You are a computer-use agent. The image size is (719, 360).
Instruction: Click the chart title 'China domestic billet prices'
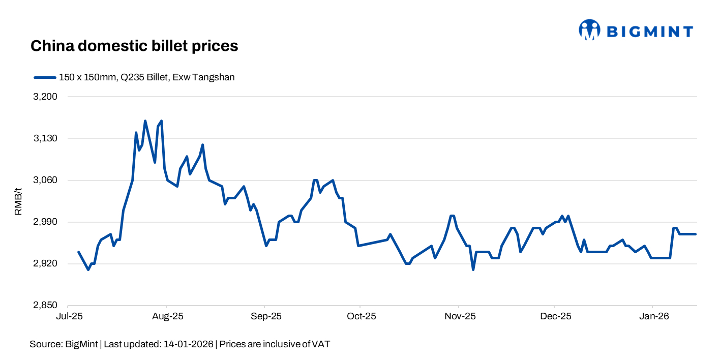click(x=134, y=46)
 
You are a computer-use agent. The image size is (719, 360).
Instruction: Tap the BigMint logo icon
click(x=589, y=30)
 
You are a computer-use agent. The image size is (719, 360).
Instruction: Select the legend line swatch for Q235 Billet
click(x=45, y=78)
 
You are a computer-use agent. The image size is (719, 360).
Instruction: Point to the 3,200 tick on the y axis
click(x=45, y=97)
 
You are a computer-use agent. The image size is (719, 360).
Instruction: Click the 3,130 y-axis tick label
click(x=45, y=138)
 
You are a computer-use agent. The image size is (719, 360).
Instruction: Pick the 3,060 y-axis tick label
click(x=45, y=180)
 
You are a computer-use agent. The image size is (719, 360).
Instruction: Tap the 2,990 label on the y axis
click(x=45, y=222)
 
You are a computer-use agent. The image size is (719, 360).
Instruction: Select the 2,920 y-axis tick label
click(x=45, y=264)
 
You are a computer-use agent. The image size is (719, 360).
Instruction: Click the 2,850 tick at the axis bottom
click(x=45, y=306)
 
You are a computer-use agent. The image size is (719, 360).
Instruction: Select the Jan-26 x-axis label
click(x=653, y=316)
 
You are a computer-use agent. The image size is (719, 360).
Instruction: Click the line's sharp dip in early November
click(x=473, y=269)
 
